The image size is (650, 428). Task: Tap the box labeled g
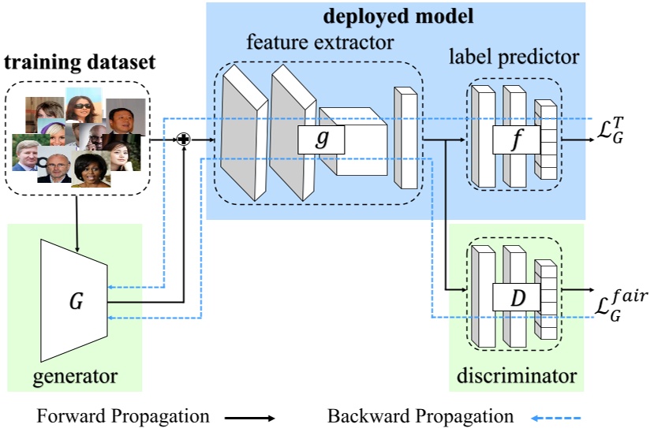pos(322,140)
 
